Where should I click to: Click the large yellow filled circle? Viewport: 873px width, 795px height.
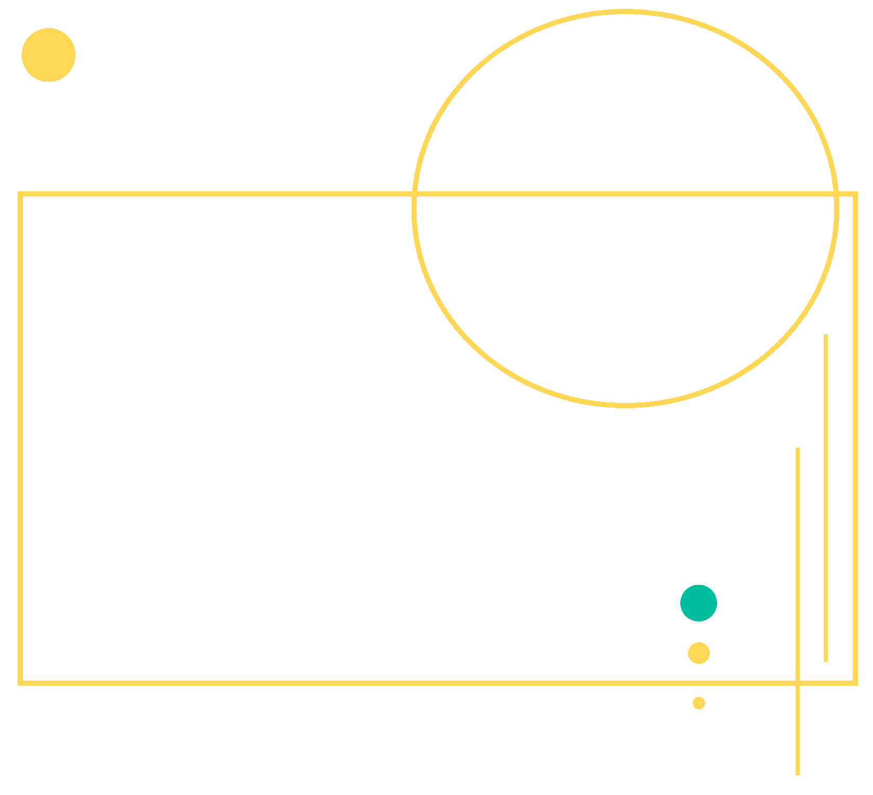click(48, 55)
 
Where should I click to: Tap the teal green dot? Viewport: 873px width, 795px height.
click(698, 603)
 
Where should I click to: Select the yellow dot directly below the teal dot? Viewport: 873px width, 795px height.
click(698, 653)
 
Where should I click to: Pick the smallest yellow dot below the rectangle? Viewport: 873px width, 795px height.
click(698, 703)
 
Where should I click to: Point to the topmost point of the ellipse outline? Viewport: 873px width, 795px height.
click(626, 12)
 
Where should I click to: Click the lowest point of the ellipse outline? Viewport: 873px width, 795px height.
click(626, 405)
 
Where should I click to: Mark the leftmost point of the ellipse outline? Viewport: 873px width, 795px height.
click(414, 208)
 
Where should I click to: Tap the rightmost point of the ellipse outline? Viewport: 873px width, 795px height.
click(837, 208)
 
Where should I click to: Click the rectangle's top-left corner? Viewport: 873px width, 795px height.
click(20, 194)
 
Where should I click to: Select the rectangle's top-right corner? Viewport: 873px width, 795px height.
click(855, 194)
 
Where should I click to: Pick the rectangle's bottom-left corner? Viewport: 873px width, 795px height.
click(20, 683)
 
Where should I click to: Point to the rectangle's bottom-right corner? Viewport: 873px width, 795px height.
click(855, 683)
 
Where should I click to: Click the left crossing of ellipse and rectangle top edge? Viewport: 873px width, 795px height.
click(415, 194)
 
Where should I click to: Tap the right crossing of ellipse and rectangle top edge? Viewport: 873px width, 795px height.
click(836, 194)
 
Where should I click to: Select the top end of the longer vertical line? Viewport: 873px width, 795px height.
click(798, 449)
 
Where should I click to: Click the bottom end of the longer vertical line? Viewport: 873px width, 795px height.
click(798, 774)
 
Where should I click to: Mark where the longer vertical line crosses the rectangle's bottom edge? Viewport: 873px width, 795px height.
click(798, 683)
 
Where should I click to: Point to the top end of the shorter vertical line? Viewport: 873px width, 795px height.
click(826, 335)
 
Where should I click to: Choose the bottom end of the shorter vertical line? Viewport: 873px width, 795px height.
click(826, 661)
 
